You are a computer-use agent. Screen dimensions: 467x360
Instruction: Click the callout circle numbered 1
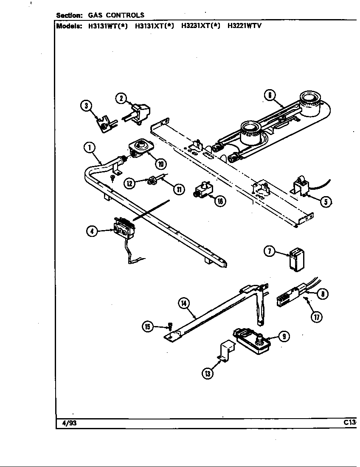coord(90,148)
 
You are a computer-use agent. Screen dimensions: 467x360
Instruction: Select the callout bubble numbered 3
coord(87,105)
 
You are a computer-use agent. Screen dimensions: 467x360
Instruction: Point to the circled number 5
coord(326,202)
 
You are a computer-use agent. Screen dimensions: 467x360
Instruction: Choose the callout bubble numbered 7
coord(269,251)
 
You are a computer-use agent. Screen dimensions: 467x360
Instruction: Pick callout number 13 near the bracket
coord(208,374)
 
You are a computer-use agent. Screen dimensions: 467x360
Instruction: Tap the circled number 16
coord(220,201)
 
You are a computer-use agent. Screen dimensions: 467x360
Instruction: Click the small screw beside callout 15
coord(170,326)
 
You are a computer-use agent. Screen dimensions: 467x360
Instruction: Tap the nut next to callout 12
coord(150,182)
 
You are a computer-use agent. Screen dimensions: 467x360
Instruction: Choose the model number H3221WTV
coord(244,25)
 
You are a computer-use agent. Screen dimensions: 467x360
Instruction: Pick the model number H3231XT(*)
coord(200,25)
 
